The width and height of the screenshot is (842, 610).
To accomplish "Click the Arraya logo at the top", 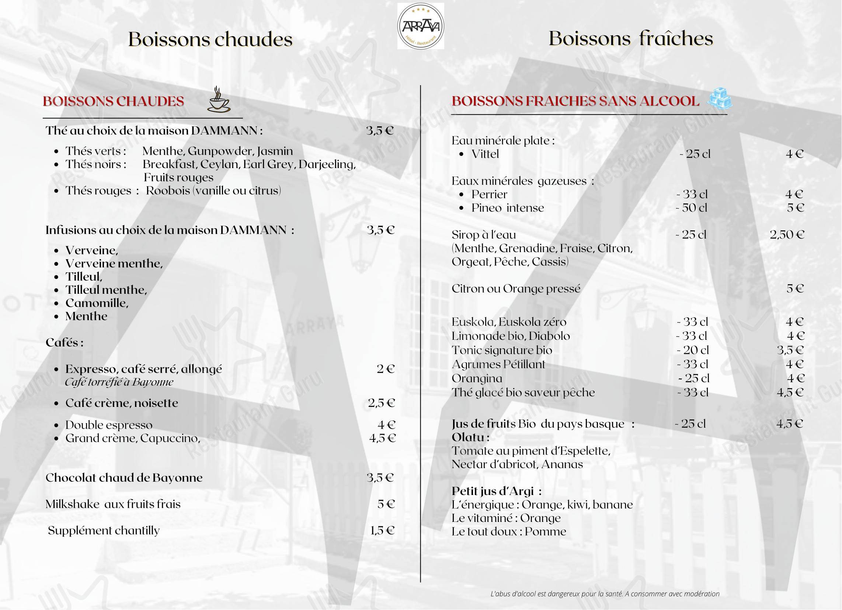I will [x=420, y=27].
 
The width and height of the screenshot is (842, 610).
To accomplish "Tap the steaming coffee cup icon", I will [x=218, y=100].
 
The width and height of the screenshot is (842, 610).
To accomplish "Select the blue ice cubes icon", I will [x=720, y=99].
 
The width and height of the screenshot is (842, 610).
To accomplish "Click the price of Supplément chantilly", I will [x=382, y=530].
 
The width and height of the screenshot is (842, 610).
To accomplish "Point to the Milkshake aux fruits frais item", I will [x=113, y=504].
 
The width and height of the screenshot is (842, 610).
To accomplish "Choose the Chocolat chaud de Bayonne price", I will [x=380, y=477].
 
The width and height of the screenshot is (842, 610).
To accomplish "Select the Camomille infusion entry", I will [x=97, y=303].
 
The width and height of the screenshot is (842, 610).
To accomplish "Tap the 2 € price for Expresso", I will [x=385, y=369].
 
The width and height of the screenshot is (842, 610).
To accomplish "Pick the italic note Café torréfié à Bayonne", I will [x=119, y=382].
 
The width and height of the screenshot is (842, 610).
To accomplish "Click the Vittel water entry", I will [x=485, y=154].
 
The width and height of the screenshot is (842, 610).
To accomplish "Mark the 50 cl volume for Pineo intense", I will [x=691, y=208].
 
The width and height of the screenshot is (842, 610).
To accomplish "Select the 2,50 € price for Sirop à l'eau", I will [x=787, y=235].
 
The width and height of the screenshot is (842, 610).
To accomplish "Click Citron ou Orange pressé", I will [x=516, y=289].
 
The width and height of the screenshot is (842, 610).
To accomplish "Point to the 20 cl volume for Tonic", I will [x=692, y=350].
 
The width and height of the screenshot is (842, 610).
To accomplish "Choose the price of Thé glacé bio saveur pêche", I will [x=790, y=393].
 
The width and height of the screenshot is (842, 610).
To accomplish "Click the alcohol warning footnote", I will [x=605, y=594].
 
